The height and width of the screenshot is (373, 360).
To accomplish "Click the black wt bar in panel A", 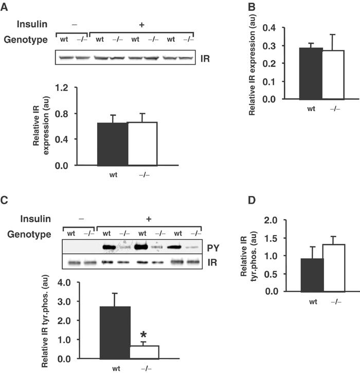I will [x=112, y=145].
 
